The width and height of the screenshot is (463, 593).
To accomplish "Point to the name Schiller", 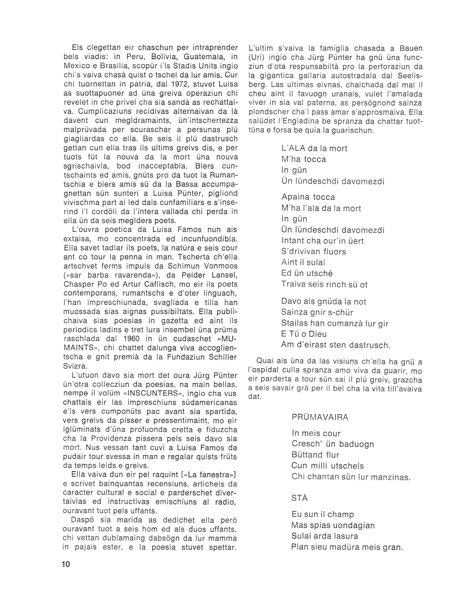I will click(x=220, y=357).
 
